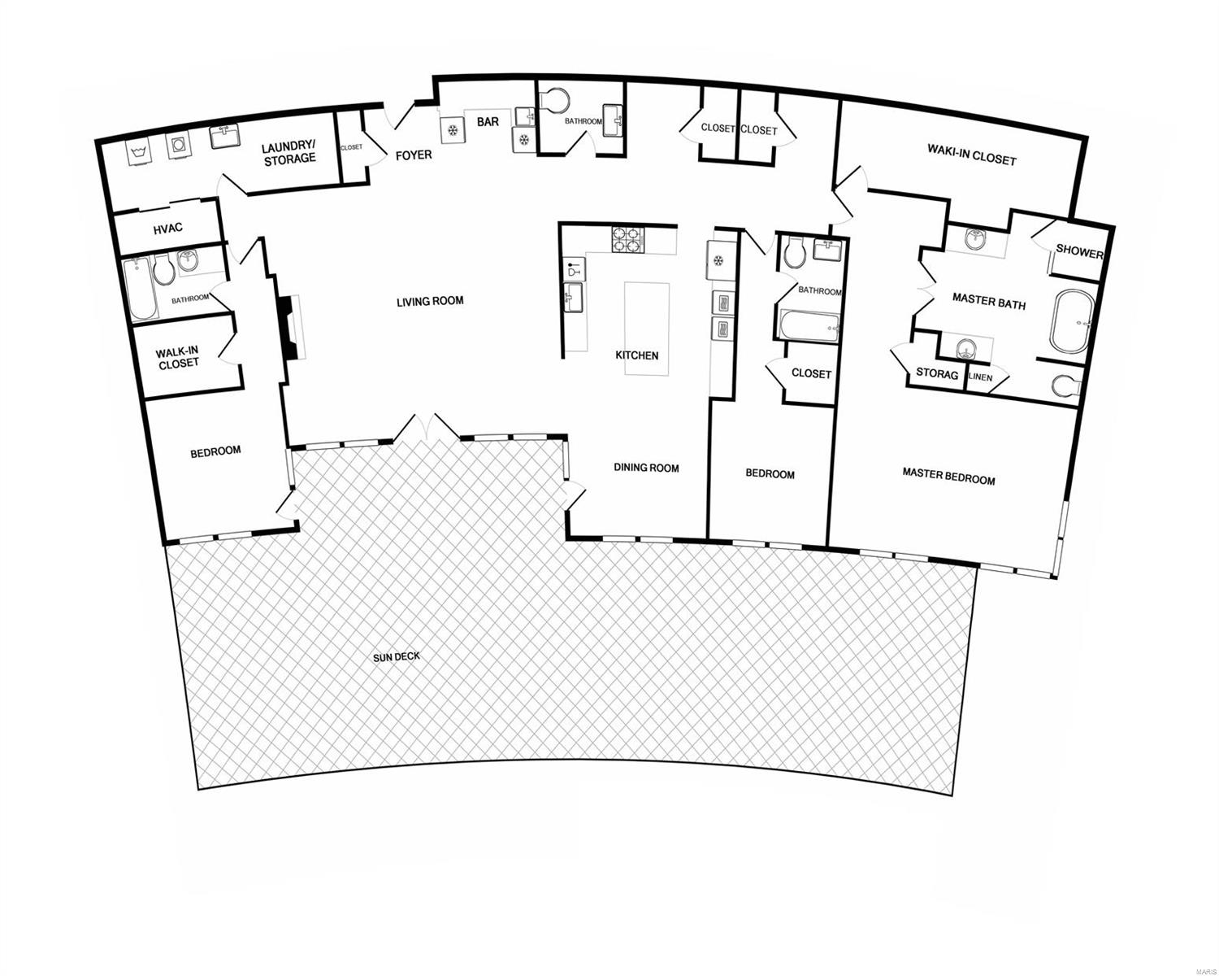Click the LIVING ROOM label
(x=430, y=301)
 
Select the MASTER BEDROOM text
(x=948, y=479)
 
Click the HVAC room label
(x=168, y=229)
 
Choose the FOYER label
(x=414, y=155)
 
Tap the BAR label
(x=488, y=122)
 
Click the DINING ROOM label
(x=646, y=468)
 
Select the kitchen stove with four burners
(x=627, y=239)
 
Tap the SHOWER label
(x=1079, y=253)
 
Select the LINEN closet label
(x=979, y=377)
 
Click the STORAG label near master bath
(x=937, y=373)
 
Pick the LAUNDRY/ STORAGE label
(x=288, y=153)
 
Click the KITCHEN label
(x=636, y=355)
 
